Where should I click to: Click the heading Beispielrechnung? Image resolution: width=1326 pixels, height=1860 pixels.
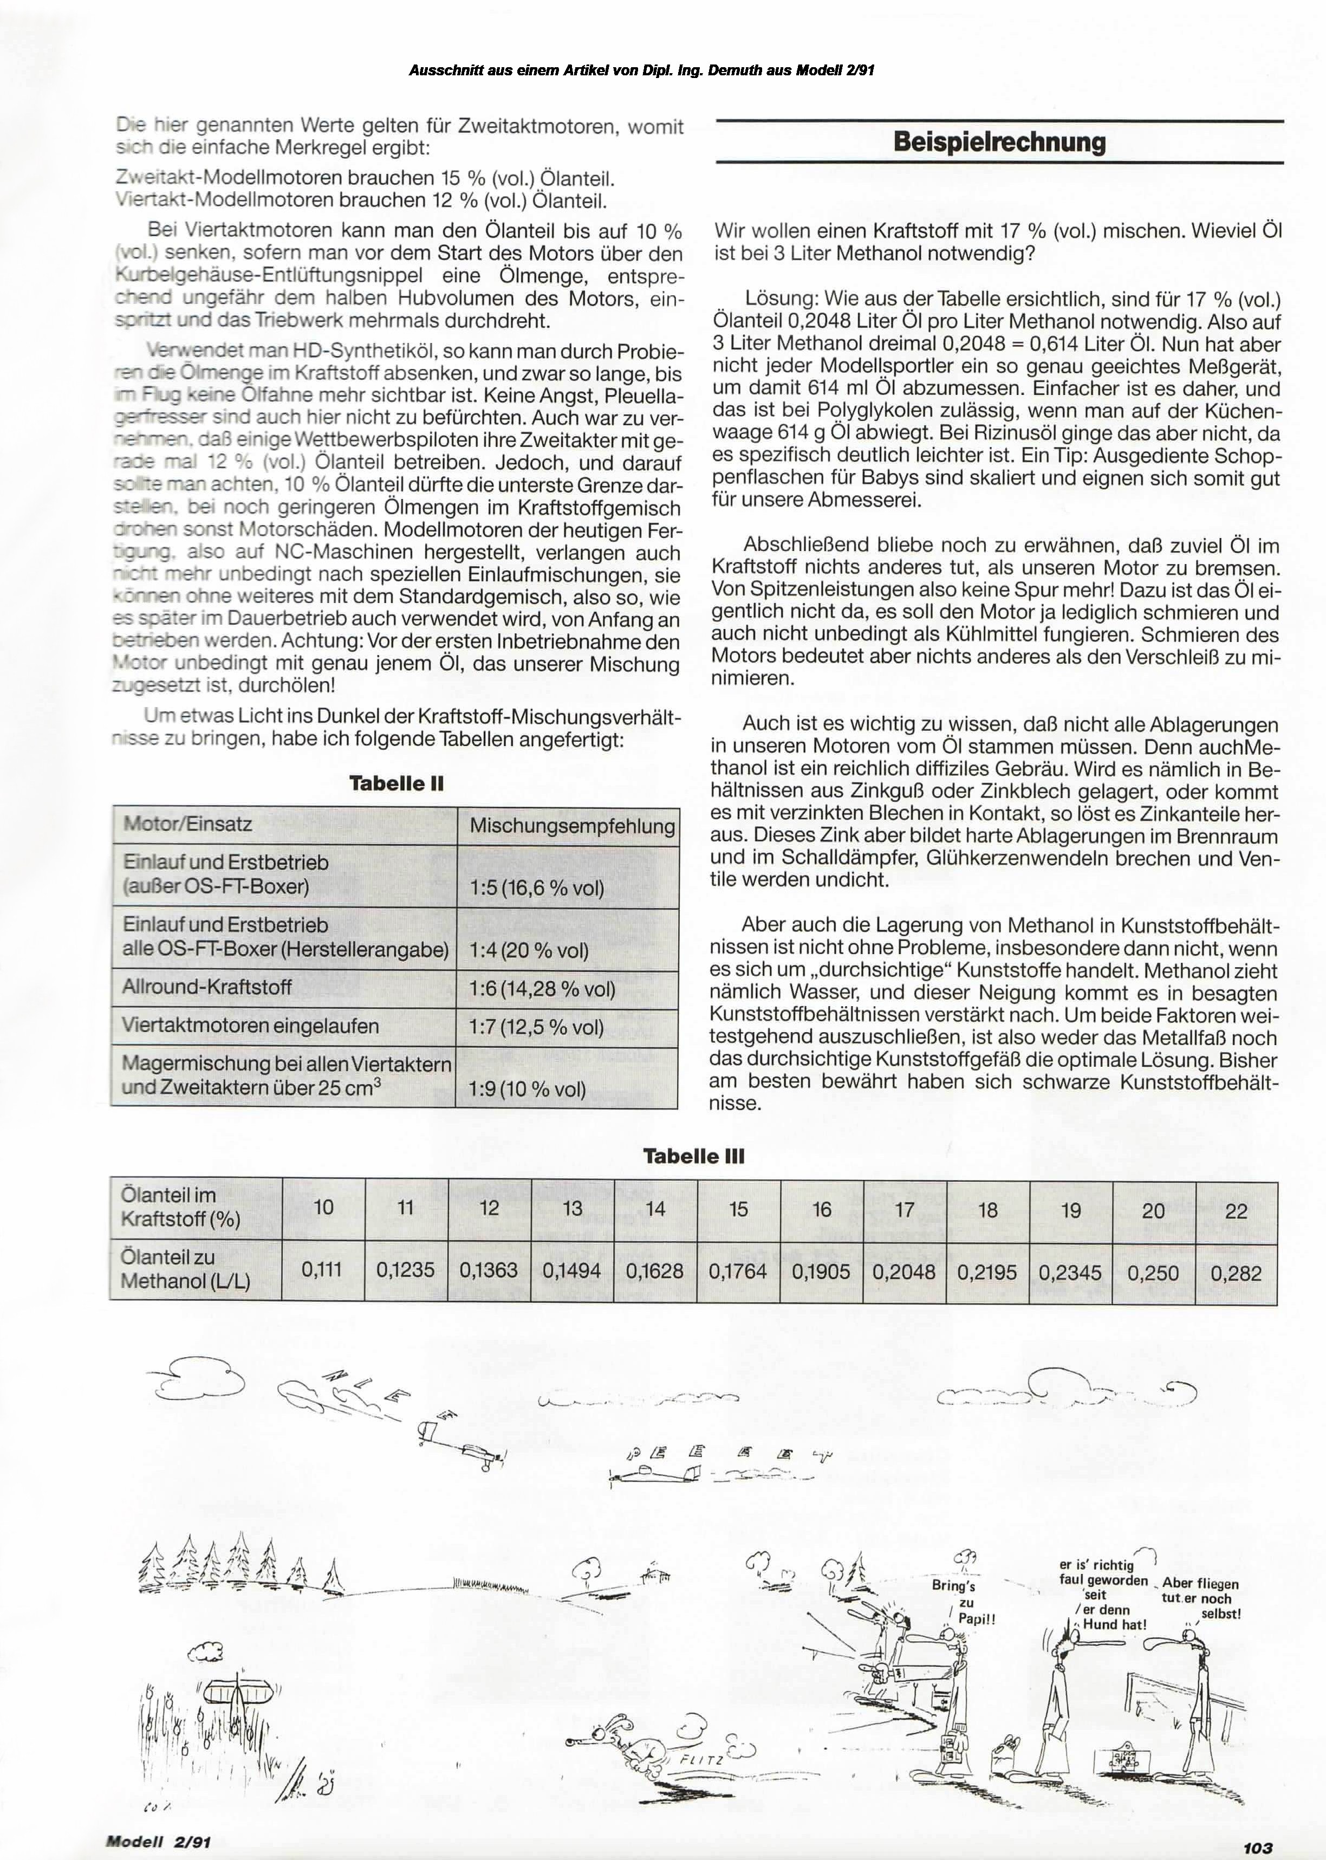(999, 142)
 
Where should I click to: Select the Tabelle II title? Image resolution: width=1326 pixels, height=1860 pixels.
(396, 783)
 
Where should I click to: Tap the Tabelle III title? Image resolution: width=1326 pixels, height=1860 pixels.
(693, 1156)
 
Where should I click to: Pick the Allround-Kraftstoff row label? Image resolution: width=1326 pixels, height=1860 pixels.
(207, 987)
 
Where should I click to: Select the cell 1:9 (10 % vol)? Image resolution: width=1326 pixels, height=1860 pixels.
(528, 1089)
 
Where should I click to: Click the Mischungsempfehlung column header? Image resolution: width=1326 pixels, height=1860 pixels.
(571, 826)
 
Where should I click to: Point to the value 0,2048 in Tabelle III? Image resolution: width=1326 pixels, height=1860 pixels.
(904, 1272)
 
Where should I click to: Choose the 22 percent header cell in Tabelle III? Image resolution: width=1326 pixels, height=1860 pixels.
(1236, 1211)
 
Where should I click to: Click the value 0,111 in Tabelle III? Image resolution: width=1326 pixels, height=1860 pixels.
(322, 1269)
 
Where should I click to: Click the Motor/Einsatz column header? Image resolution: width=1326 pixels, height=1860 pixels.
(188, 824)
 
